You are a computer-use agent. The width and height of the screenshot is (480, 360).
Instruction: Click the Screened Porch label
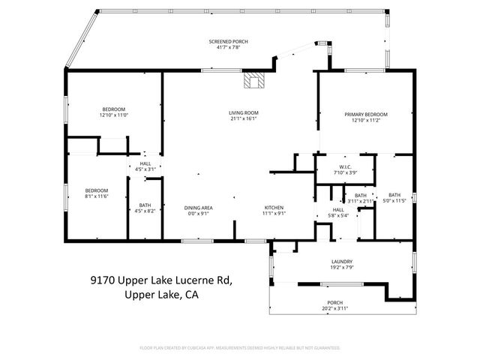coord(228,40)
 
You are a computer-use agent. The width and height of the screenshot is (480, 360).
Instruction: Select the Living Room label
coord(243,113)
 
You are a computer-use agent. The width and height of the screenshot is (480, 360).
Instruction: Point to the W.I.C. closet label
coord(345,166)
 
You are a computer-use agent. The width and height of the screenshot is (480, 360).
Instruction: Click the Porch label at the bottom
coord(334,303)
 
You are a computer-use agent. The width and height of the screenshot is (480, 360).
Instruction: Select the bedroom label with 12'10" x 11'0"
coord(114,109)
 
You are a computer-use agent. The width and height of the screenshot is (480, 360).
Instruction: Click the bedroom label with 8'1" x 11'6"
coord(96,190)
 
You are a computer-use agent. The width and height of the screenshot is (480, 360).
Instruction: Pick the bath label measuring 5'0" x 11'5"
coord(394,196)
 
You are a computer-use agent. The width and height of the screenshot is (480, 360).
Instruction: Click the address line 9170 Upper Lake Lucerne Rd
coord(161,280)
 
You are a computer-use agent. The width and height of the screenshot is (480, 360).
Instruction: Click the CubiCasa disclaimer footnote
coord(240,348)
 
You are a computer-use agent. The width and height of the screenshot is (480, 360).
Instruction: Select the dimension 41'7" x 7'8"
coord(228,47)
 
